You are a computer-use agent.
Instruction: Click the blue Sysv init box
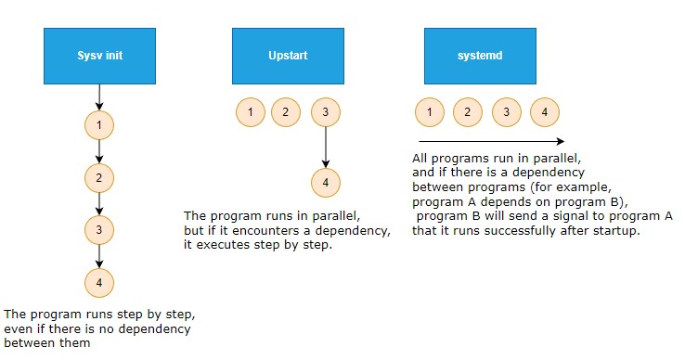point(99,55)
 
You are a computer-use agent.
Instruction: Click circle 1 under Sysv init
point(99,123)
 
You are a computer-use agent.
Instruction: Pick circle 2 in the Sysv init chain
point(99,176)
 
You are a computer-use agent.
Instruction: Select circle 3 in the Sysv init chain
point(99,228)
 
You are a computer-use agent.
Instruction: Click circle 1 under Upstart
point(249,112)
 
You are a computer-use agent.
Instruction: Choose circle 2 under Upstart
point(286,112)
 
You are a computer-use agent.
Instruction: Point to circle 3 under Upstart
point(325,112)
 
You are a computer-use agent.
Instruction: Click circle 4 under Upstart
point(325,183)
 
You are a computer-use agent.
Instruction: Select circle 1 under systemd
point(429,113)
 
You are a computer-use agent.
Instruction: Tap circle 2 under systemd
point(468,113)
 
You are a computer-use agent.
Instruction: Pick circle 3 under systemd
point(506,113)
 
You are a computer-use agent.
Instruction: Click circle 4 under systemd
point(545,113)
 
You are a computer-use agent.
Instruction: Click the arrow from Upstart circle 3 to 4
point(325,147)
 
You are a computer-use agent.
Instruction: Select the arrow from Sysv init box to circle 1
point(99,95)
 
